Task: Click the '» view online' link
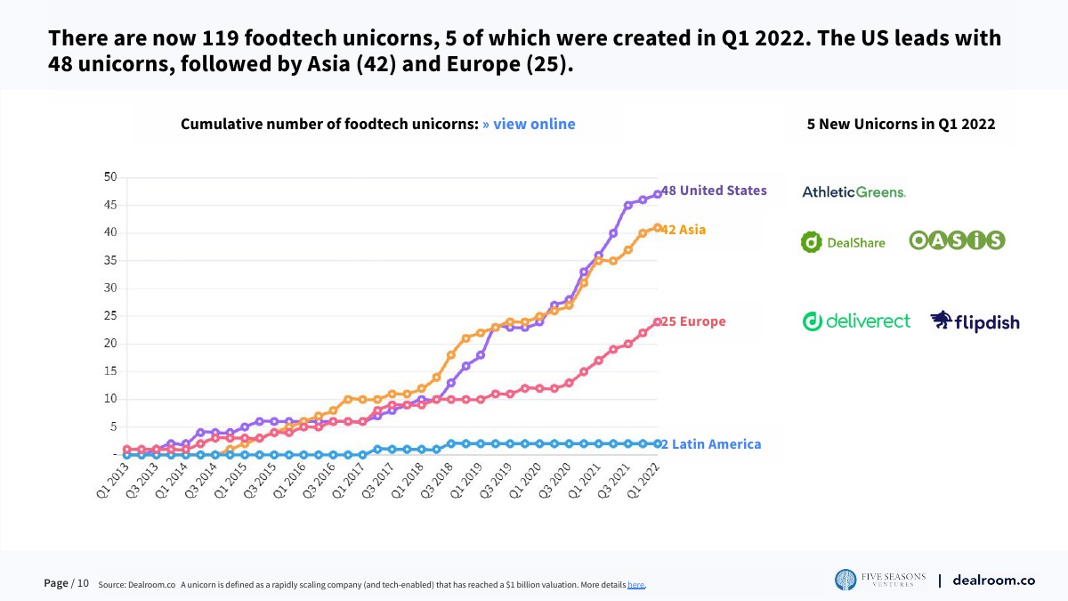pos(529,124)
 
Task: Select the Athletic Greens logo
pos(854,191)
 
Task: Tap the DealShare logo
pos(843,241)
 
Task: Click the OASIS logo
pos(957,240)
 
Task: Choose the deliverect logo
pos(856,321)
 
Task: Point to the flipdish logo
pos(975,321)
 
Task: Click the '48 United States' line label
pos(714,191)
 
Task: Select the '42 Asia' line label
pos(684,230)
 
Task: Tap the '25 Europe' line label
pos(693,321)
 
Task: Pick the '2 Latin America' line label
pos(711,444)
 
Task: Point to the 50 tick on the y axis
pos(110,177)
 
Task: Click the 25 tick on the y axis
pos(110,316)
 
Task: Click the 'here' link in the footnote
pos(635,585)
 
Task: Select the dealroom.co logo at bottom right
pos(993,581)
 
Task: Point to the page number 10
pos(83,584)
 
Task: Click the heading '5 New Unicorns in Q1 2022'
pos(901,124)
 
